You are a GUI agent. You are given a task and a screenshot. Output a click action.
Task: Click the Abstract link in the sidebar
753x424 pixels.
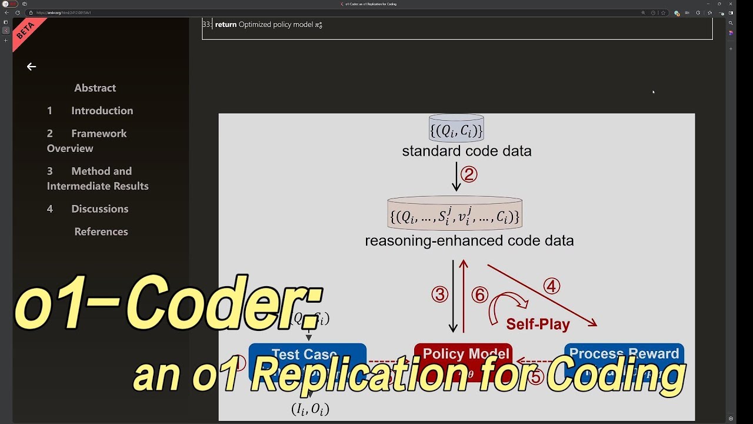tap(95, 88)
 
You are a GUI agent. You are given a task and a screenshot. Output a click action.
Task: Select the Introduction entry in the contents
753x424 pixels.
tap(102, 111)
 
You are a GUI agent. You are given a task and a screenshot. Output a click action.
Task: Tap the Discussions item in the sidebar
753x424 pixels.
tap(99, 209)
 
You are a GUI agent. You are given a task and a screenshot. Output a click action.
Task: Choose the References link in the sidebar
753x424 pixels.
tap(101, 231)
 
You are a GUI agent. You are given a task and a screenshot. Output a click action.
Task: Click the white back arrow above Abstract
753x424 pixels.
tap(32, 67)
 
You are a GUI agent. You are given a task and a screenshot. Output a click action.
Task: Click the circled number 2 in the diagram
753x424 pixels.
tap(469, 174)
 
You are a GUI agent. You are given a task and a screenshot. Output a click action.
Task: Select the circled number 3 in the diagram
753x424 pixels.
tap(440, 294)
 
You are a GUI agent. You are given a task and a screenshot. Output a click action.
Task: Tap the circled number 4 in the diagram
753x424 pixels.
tap(551, 286)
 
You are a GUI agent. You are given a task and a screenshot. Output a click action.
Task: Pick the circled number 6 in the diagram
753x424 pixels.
tap(480, 294)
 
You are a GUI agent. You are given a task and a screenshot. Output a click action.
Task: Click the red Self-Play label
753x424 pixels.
tap(538, 324)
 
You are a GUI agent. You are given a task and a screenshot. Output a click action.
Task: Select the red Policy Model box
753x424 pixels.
tap(463, 355)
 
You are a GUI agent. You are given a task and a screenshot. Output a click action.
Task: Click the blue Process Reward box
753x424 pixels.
tap(624, 354)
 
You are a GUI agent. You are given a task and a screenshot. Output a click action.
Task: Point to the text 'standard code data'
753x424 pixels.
tap(467, 151)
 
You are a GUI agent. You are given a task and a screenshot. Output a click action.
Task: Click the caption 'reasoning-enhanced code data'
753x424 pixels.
tap(469, 241)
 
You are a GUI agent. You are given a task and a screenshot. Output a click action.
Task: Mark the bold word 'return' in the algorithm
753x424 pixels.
tap(226, 25)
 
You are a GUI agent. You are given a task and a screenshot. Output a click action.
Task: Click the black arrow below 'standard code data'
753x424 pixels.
tap(456, 177)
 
